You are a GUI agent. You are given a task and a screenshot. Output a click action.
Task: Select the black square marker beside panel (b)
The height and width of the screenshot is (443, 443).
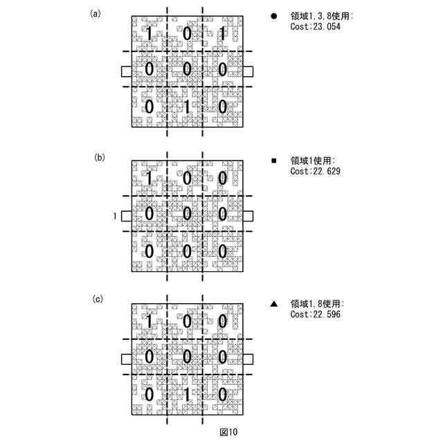click(274, 161)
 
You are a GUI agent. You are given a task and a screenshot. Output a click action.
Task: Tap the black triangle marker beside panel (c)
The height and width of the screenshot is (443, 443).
click(274, 304)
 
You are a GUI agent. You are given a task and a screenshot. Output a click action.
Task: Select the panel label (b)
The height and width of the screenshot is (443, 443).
click(100, 157)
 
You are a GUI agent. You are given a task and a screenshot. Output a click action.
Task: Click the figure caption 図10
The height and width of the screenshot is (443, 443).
click(228, 432)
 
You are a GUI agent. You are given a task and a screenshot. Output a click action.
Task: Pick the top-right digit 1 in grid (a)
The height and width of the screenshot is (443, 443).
click(221, 33)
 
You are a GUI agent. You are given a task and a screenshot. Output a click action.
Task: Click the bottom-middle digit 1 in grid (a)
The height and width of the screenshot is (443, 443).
click(186, 107)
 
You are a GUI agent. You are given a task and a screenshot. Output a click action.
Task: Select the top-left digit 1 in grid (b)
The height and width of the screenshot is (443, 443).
click(148, 178)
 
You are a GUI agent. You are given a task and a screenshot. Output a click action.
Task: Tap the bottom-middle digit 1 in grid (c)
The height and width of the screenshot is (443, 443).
click(186, 395)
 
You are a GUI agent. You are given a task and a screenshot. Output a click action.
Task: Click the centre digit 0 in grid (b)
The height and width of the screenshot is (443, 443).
click(186, 214)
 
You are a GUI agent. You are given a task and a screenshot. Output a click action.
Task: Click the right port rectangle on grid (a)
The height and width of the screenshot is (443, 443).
click(248, 71)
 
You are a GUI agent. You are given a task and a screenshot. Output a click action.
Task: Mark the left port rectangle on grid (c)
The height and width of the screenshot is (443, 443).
click(126, 359)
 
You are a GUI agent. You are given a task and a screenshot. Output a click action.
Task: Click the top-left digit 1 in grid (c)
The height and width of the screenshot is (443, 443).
click(148, 321)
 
